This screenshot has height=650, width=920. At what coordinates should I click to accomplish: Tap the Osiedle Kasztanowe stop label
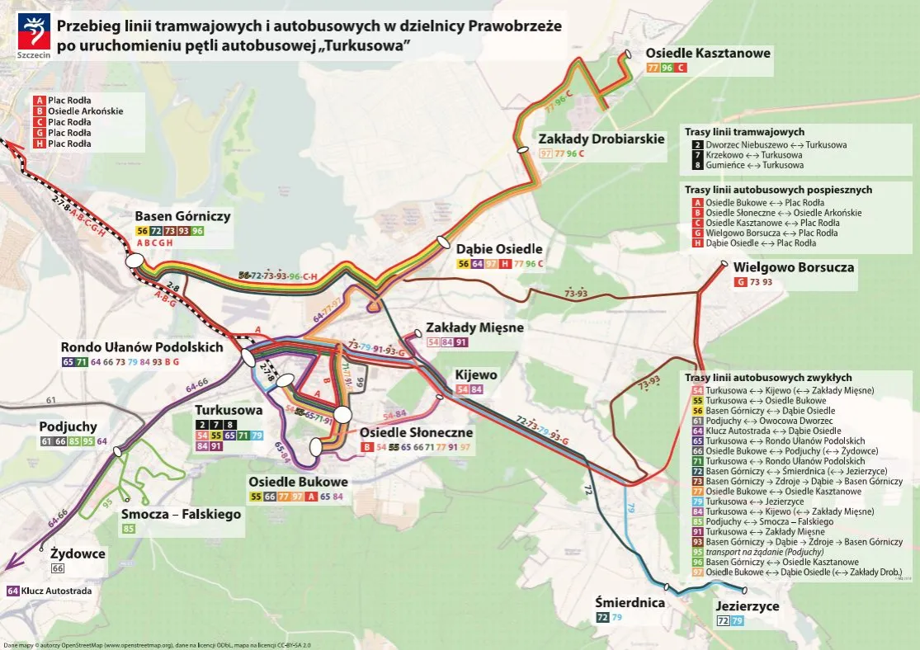[x=708, y=53]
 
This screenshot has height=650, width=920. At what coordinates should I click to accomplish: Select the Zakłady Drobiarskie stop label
[x=601, y=139]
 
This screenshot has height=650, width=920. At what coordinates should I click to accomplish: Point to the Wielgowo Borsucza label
[x=793, y=267]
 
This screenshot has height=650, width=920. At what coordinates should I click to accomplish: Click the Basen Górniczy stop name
[x=182, y=217]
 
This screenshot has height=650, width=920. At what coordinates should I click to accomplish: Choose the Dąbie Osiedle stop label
[x=499, y=248]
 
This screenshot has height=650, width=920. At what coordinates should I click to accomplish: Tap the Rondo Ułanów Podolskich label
[x=142, y=347]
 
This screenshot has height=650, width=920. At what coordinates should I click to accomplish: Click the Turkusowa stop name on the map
[x=229, y=410]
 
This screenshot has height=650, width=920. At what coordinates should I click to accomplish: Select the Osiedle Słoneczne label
[x=416, y=432]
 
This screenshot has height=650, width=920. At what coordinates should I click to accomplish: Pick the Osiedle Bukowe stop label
[x=298, y=482]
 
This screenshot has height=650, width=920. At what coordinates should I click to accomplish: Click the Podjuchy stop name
[x=68, y=427]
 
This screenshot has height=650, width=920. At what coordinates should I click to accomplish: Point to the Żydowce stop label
[x=78, y=553]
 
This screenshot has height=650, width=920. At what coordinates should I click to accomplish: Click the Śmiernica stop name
[x=630, y=602]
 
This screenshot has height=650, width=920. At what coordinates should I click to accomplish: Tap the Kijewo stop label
[x=476, y=374]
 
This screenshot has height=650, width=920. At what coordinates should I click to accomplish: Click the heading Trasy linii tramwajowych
[x=744, y=132]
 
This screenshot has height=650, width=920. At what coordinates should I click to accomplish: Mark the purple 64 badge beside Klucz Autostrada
[x=13, y=591]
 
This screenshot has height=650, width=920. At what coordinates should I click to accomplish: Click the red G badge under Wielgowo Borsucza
[x=740, y=282]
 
